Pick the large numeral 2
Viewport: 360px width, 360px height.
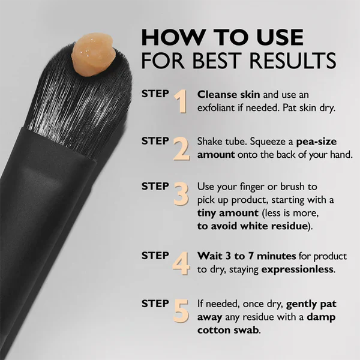181,149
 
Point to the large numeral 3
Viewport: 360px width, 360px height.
181,195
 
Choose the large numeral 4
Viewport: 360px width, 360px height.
181,263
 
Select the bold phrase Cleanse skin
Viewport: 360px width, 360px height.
224,95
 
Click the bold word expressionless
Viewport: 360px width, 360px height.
298,269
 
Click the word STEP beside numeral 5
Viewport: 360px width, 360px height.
155,303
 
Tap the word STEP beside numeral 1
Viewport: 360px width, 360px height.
155,94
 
